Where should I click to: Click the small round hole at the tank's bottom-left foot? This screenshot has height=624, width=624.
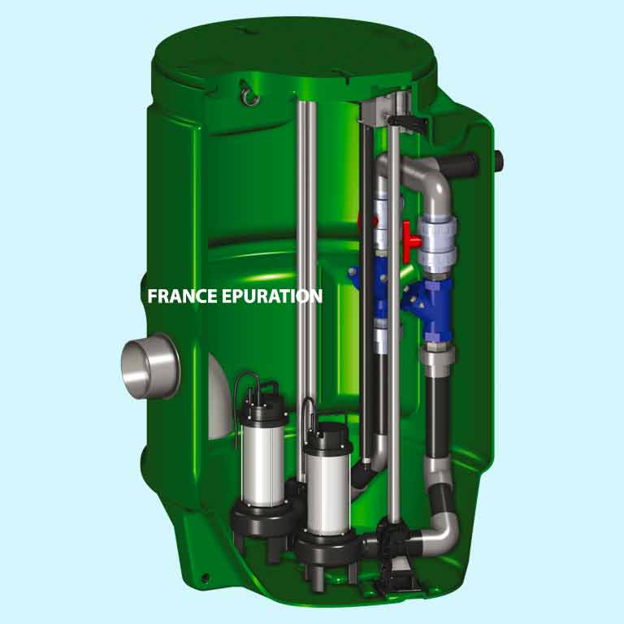[204, 578]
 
